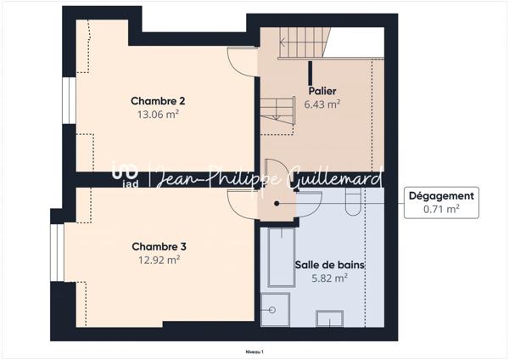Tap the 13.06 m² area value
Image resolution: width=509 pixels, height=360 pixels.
point(158,114)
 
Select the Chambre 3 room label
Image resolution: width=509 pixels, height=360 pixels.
point(158,246)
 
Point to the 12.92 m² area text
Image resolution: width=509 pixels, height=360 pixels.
point(158,260)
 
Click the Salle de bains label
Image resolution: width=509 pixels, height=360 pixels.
point(329,265)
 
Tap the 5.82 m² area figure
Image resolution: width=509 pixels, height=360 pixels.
point(329,278)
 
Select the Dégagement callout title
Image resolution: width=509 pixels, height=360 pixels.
point(441,195)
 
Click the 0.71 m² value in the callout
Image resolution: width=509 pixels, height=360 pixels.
point(441,209)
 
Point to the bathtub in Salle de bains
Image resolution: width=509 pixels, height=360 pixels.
point(278,257)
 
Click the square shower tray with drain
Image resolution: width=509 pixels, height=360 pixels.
point(274,309)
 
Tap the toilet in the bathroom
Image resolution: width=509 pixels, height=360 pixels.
point(355,201)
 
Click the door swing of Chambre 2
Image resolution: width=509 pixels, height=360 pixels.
point(243,61)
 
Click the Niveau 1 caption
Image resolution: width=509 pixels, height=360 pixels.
point(254,351)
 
